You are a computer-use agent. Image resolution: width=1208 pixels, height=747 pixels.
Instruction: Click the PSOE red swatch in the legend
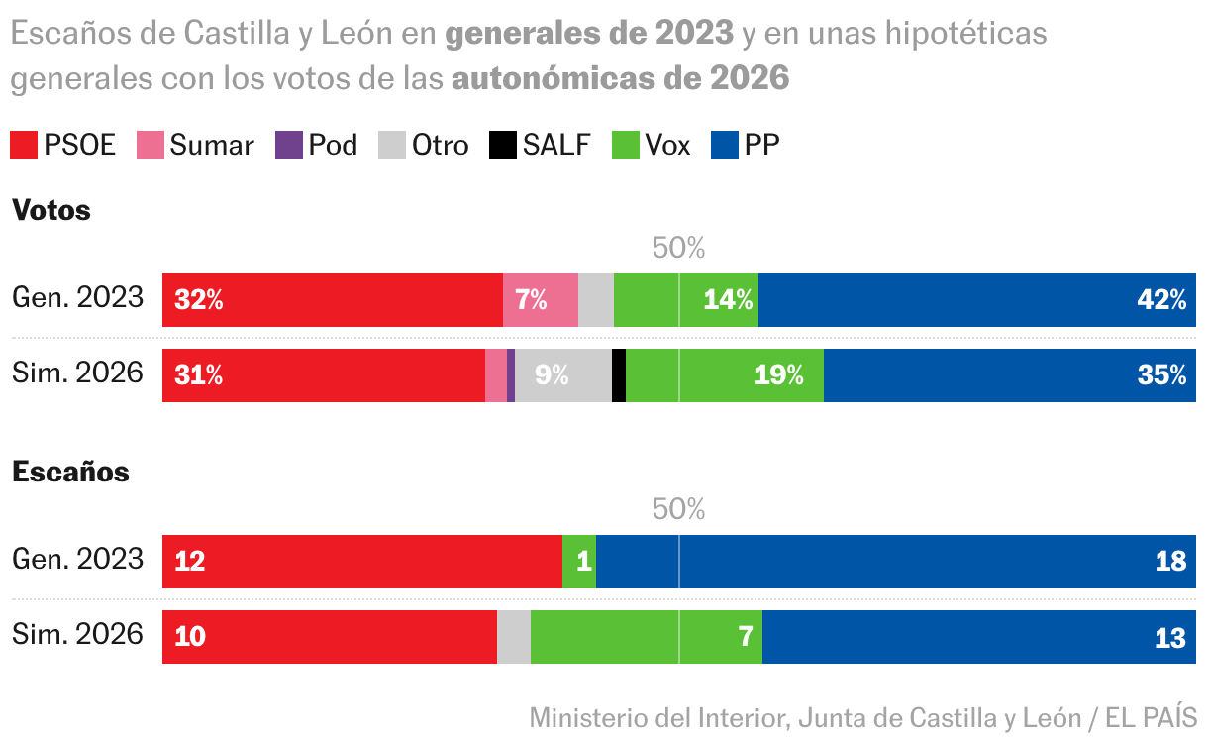24,145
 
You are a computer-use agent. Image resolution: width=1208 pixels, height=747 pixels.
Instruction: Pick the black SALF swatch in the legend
503,145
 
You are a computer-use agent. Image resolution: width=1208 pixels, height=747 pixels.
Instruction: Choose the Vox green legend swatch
627,145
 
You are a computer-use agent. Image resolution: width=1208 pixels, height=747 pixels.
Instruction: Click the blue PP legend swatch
726,145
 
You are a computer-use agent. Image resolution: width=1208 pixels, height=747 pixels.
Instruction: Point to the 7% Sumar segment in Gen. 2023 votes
540,300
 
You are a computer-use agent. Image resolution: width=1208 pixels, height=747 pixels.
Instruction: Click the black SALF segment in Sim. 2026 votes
619,375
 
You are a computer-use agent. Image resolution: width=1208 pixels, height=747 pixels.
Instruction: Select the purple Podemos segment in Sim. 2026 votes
511,375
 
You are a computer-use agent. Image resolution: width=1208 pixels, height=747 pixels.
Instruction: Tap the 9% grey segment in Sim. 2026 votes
562,375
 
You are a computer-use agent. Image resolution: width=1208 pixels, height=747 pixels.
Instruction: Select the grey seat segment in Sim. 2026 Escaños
513,637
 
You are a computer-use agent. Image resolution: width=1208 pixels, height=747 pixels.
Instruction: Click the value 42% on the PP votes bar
1161,300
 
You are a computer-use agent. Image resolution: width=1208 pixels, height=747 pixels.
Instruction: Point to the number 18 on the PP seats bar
1170,562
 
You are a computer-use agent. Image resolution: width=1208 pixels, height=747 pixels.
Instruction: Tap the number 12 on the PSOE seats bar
189,562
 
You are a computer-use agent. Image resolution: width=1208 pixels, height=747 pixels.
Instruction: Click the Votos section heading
50,210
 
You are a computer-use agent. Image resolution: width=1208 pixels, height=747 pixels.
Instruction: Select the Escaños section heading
70,472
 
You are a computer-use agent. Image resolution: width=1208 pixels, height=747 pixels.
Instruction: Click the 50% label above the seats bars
678,509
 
